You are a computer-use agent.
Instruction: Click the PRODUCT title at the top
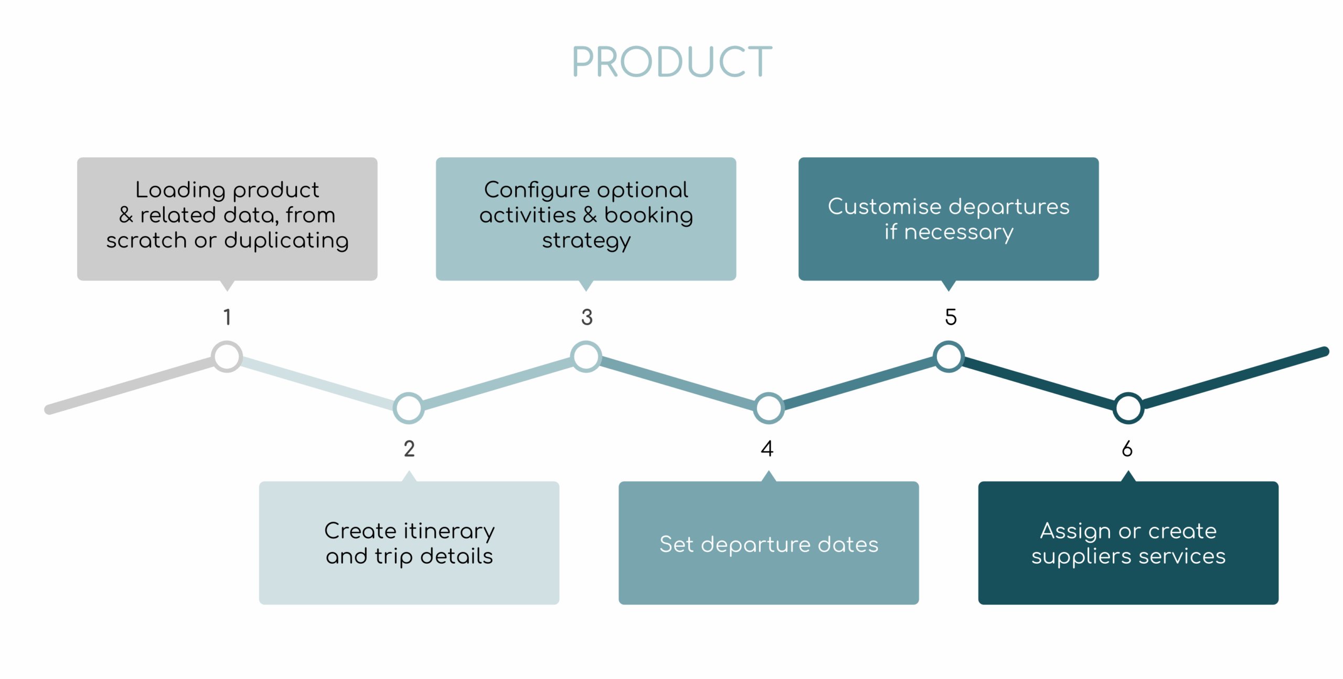tap(671, 62)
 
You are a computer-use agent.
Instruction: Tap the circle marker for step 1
tap(227, 357)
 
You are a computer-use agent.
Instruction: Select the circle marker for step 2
tap(409, 408)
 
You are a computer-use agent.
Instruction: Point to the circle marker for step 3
tap(586, 357)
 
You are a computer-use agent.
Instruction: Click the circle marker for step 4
tap(769, 408)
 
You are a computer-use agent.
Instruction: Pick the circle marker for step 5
tap(948, 357)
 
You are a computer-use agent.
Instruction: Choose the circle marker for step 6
tap(1128, 408)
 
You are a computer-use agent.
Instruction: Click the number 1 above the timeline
tap(227, 317)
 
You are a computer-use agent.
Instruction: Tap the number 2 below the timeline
tap(409, 449)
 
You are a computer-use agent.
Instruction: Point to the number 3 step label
tap(587, 317)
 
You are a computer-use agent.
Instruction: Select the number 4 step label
tap(767, 449)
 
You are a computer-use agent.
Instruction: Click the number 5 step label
tap(951, 317)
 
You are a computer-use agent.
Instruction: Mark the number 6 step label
tap(1127, 449)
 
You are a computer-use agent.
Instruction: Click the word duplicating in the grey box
tap(286, 241)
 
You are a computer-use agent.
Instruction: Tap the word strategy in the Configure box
tap(586, 241)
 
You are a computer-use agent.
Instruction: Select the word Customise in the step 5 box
tap(884, 207)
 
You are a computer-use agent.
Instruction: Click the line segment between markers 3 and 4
tap(677, 382)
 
